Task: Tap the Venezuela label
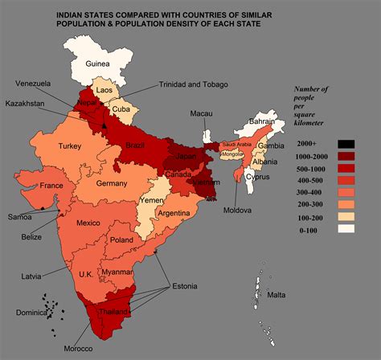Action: [33, 83]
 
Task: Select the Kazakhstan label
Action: [26, 104]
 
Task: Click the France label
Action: [51, 186]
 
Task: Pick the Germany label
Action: [111, 184]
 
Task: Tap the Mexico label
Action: [88, 222]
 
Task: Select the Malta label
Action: [277, 295]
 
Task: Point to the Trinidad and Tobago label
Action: [194, 84]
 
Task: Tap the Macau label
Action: [201, 114]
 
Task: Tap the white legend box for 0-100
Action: [346, 229]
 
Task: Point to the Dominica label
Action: [23, 313]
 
